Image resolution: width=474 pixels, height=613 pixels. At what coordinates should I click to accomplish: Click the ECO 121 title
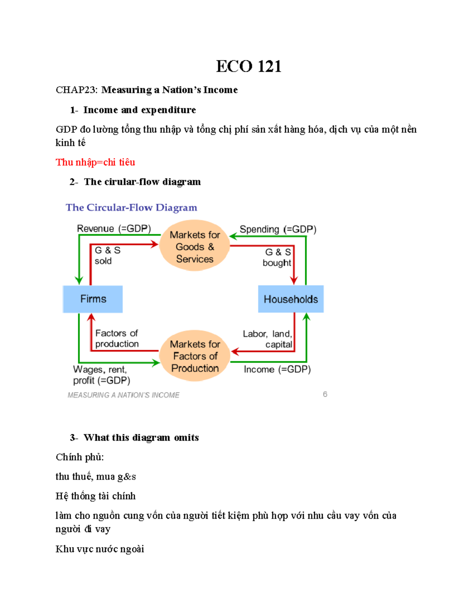[x=248, y=66]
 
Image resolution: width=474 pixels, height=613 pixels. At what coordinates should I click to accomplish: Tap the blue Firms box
[x=93, y=299]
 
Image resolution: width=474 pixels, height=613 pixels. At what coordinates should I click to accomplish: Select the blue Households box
[x=291, y=299]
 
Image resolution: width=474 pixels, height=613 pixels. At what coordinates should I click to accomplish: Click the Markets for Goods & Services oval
[x=195, y=247]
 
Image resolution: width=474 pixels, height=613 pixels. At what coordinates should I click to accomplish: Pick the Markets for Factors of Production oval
[x=195, y=356]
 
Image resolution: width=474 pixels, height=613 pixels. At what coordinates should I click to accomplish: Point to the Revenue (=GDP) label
[x=114, y=229]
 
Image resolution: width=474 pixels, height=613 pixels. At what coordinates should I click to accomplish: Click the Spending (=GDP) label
[x=278, y=229]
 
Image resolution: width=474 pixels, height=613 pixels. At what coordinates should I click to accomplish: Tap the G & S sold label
[x=107, y=255]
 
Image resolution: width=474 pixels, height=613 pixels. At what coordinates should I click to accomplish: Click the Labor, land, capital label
[x=267, y=339]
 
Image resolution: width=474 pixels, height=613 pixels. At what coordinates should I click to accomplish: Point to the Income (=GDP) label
[x=277, y=369]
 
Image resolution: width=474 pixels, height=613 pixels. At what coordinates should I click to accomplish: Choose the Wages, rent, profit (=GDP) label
[x=101, y=375]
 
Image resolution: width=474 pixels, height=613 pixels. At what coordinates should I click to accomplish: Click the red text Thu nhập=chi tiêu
[x=95, y=162]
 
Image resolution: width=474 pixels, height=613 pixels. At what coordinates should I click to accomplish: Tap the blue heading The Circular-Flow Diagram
[x=131, y=208]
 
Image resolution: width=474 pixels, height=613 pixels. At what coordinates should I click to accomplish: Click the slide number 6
[x=325, y=394]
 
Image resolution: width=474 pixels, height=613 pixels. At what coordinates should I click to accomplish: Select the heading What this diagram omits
[x=141, y=437]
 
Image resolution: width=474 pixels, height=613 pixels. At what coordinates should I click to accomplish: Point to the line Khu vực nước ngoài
[x=100, y=549]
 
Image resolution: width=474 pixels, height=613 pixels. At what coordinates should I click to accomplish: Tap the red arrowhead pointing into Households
[x=294, y=280]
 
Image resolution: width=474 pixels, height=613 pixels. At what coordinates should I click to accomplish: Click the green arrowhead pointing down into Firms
[x=79, y=280]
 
